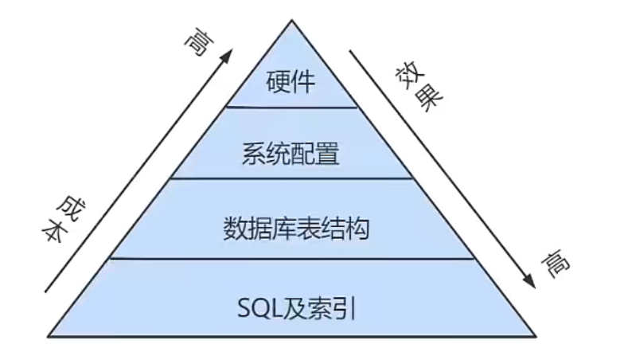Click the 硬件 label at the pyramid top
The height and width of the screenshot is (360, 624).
pos(291,80)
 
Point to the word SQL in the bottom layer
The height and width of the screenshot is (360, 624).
pos(256,307)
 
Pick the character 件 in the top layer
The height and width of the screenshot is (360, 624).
pos(305,80)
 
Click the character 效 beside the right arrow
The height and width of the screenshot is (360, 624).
pos(407,77)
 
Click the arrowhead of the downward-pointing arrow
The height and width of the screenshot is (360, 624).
pos(526,284)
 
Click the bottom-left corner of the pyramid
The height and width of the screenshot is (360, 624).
pos(49,335)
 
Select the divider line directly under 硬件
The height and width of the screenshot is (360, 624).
pos(291,106)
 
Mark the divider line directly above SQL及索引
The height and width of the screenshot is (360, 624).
pos(291,258)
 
